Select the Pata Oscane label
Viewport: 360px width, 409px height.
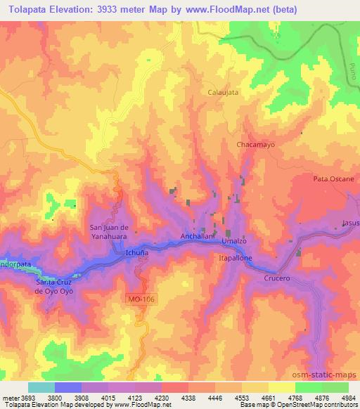tap(333, 179)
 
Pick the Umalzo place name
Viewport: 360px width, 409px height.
tap(233, 241)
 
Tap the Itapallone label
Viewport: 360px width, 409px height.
tap(234, 259)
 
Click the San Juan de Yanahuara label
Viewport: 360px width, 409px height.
tap(109, 231)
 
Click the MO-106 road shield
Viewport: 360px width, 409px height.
tap(141, 300)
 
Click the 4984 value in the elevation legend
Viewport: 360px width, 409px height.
tap(348, 397)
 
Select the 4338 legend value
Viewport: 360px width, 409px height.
tap(188, 397)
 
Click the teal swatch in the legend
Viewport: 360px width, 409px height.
tap(41, 387)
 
